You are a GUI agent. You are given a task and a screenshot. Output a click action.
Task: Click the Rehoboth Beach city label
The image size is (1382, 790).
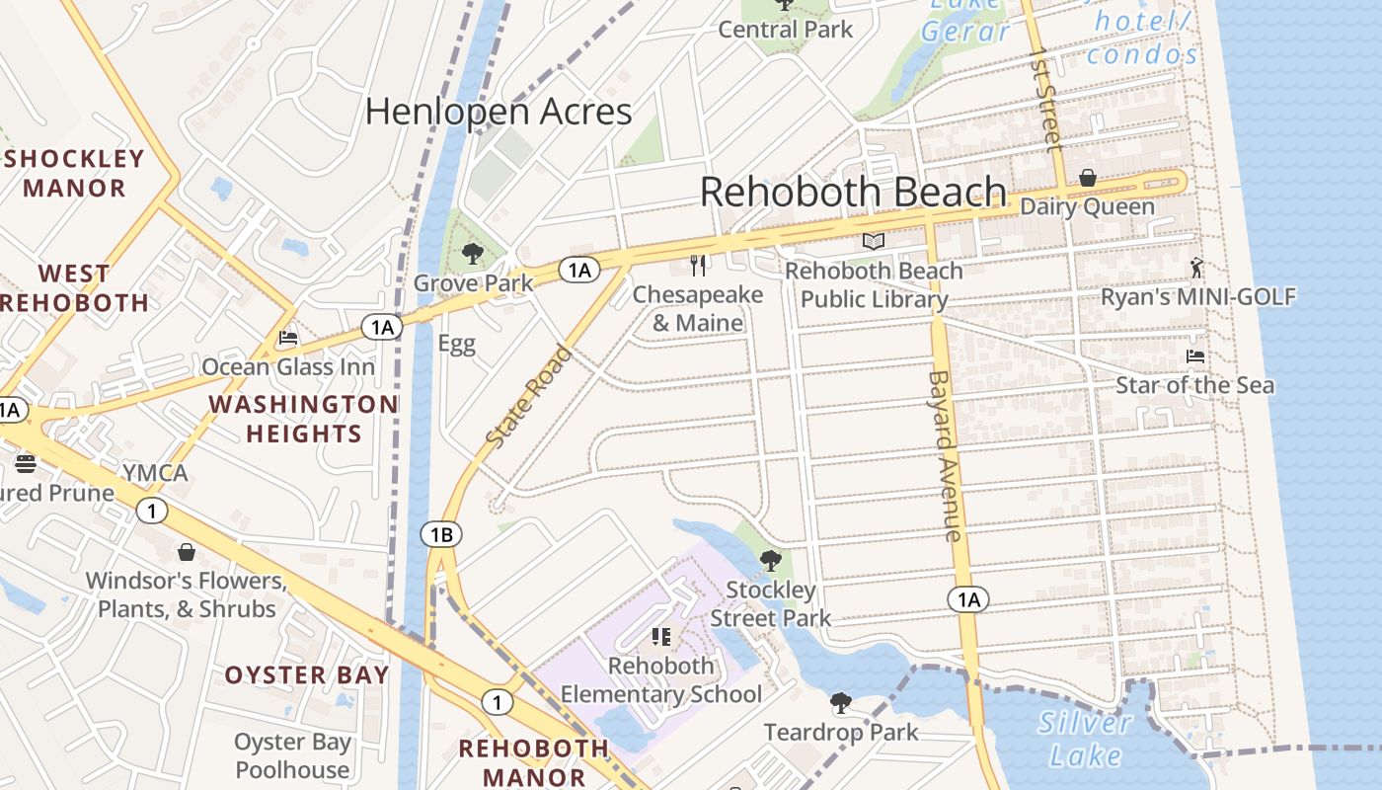(854, 192)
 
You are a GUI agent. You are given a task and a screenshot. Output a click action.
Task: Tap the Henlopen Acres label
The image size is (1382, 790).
(499, 112)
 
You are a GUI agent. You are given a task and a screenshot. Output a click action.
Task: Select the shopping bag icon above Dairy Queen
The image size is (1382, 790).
(1087, 179)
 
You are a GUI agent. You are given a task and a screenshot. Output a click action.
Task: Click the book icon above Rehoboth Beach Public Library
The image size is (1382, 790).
(873, 241)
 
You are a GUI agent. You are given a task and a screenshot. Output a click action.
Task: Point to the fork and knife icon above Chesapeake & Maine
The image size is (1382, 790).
(698, 265)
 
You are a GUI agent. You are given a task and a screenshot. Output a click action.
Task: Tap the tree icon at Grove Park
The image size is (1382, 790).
(473, 254)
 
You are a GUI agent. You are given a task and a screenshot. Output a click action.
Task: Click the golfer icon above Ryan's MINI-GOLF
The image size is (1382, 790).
(1197, 267)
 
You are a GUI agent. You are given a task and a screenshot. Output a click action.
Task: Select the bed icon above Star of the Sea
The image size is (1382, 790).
(1194, 355)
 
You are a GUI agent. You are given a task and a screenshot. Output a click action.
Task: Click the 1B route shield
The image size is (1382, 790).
(440, 535)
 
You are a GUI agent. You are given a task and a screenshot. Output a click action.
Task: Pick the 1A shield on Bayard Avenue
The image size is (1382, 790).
(968, 599)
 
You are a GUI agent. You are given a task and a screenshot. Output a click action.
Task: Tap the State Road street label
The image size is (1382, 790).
(529, 396)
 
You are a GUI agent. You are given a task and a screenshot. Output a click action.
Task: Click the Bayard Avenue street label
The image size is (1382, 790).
(945, 455)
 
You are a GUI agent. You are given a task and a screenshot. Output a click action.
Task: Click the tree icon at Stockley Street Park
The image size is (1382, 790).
(770, 561)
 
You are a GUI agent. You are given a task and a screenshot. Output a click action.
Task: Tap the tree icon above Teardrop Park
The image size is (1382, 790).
(840, 703)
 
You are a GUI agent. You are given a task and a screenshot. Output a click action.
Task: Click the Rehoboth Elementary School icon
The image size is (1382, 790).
(661, 637)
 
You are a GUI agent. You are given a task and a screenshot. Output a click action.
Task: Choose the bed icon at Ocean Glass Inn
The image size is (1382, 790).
(287, 338)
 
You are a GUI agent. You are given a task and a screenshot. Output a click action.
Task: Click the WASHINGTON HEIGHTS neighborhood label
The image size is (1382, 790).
(303, 419)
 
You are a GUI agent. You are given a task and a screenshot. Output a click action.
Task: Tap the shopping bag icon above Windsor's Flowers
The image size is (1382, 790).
(186, 552)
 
